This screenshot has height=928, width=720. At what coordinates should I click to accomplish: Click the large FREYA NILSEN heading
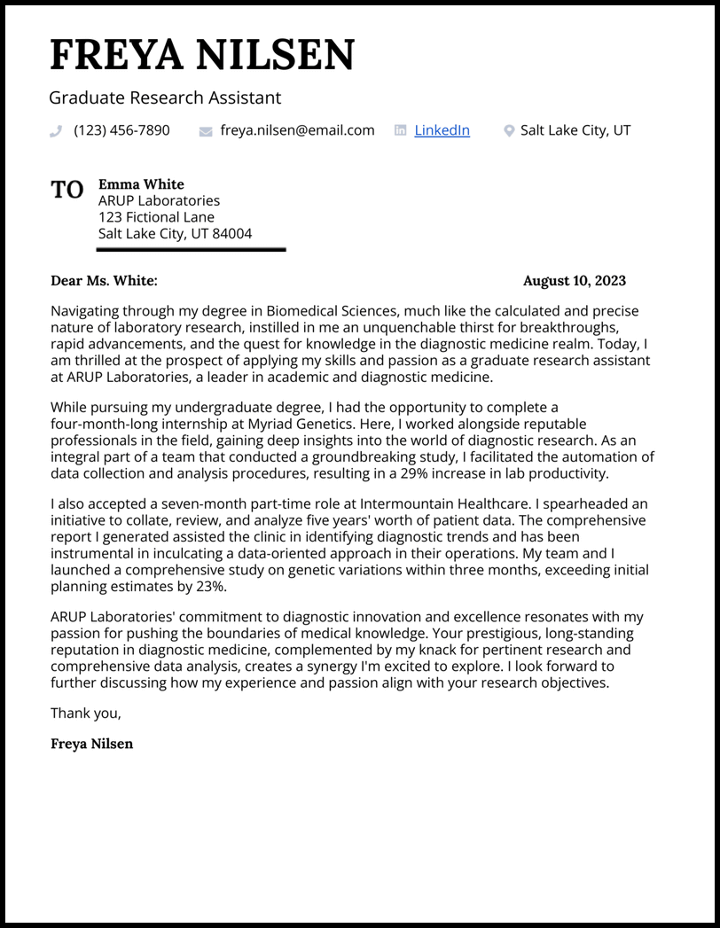click(x=202, y=55)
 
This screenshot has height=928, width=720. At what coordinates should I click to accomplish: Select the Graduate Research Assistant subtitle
click(x=165, y=97)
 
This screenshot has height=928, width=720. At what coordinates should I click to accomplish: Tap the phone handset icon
click(x=56, y=131)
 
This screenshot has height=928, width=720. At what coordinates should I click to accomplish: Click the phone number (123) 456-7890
click(x=121, y=130)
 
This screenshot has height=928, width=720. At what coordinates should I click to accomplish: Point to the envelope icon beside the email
click(x=206, y=131)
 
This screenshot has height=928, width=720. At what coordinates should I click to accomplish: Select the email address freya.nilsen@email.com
click(x=297, y=130)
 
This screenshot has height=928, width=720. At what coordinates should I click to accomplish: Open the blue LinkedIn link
click(x=442, y=130)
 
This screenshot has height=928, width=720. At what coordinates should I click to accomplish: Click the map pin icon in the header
click(x=509, y=131)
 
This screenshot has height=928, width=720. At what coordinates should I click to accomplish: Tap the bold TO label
click(x=67, y=190)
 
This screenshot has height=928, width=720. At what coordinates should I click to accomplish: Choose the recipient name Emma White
click(x=141, y=184)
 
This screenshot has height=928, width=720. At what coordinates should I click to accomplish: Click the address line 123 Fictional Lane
click(x=156, y=217)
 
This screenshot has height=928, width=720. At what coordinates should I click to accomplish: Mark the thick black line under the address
click(x=191, y=250)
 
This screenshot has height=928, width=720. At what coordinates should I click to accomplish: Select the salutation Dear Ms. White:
click(x=104, y=281)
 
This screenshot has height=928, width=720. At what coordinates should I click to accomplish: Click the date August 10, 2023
click(x=574, y=281)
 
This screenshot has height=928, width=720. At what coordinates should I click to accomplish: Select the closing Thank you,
click(x=85, y=713)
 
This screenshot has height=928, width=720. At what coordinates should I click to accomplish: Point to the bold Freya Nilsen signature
click(x=91, y=744)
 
